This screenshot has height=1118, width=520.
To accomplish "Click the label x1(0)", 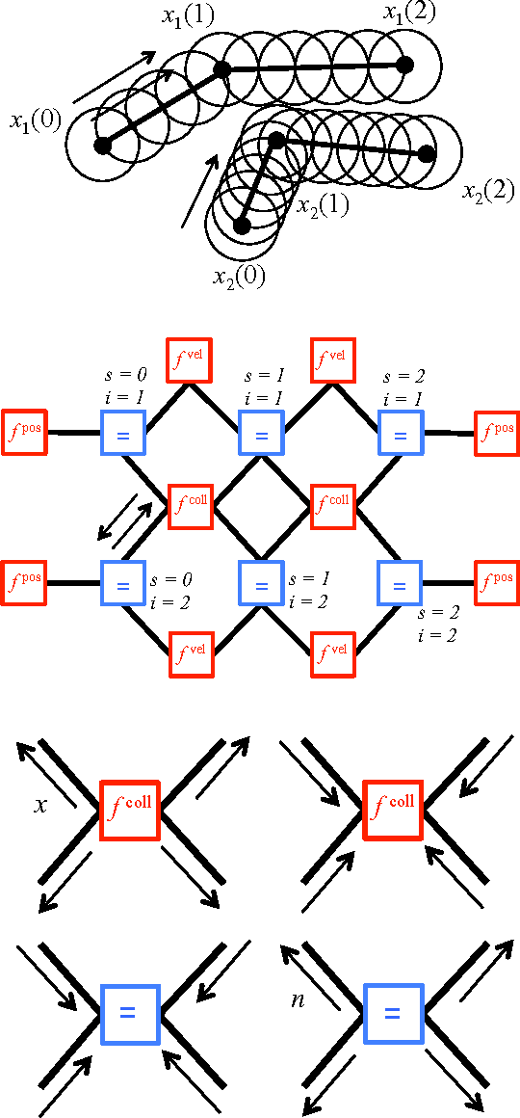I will coord(35,121).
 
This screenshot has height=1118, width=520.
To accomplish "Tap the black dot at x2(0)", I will coord(242,226).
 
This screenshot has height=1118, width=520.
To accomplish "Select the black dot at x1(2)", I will coord(405,65).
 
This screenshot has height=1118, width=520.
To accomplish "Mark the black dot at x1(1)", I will coord(221,69).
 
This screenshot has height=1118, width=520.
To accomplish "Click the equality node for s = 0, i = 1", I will coord(122,434).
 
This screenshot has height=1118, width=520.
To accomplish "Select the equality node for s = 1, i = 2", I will coord(260,584).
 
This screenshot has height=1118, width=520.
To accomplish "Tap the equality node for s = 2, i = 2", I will coord(399,584).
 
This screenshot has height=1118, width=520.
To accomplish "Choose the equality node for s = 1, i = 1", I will coord(260,434).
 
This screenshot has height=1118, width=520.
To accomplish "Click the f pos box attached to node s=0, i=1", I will coord(25,433).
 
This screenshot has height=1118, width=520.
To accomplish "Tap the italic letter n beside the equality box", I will coord(299,1000).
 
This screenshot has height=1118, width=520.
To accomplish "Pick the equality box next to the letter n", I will coord(392,1013).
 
